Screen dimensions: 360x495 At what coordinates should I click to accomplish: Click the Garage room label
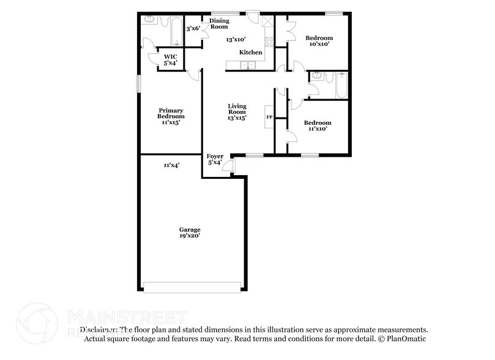[x=190, y=230]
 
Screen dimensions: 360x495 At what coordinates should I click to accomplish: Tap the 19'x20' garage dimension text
[x=190, y=236]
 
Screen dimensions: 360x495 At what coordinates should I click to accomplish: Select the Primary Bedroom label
[x=171, y=113]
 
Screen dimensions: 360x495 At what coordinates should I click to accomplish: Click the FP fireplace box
[x=269, y=116]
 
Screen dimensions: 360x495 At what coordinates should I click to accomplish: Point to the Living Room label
[x=237, y=108]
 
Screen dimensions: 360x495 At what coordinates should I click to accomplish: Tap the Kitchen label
[x=251, y=53]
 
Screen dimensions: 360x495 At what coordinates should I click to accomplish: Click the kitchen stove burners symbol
[x=268, y=43]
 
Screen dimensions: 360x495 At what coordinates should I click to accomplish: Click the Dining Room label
[x=219, y=24]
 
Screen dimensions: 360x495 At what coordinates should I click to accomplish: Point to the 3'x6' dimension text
[x=193, y=28]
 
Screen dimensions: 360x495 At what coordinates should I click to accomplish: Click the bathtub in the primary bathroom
[x=175, y=31]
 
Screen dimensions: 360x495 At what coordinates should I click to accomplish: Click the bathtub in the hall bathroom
[x=341, y=86]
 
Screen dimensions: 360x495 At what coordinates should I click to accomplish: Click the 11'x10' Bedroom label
[x=318, y=126]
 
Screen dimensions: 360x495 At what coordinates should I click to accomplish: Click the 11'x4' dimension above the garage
[x=171, y=165]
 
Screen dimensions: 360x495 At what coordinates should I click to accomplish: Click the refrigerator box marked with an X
[x=267, y=21]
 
